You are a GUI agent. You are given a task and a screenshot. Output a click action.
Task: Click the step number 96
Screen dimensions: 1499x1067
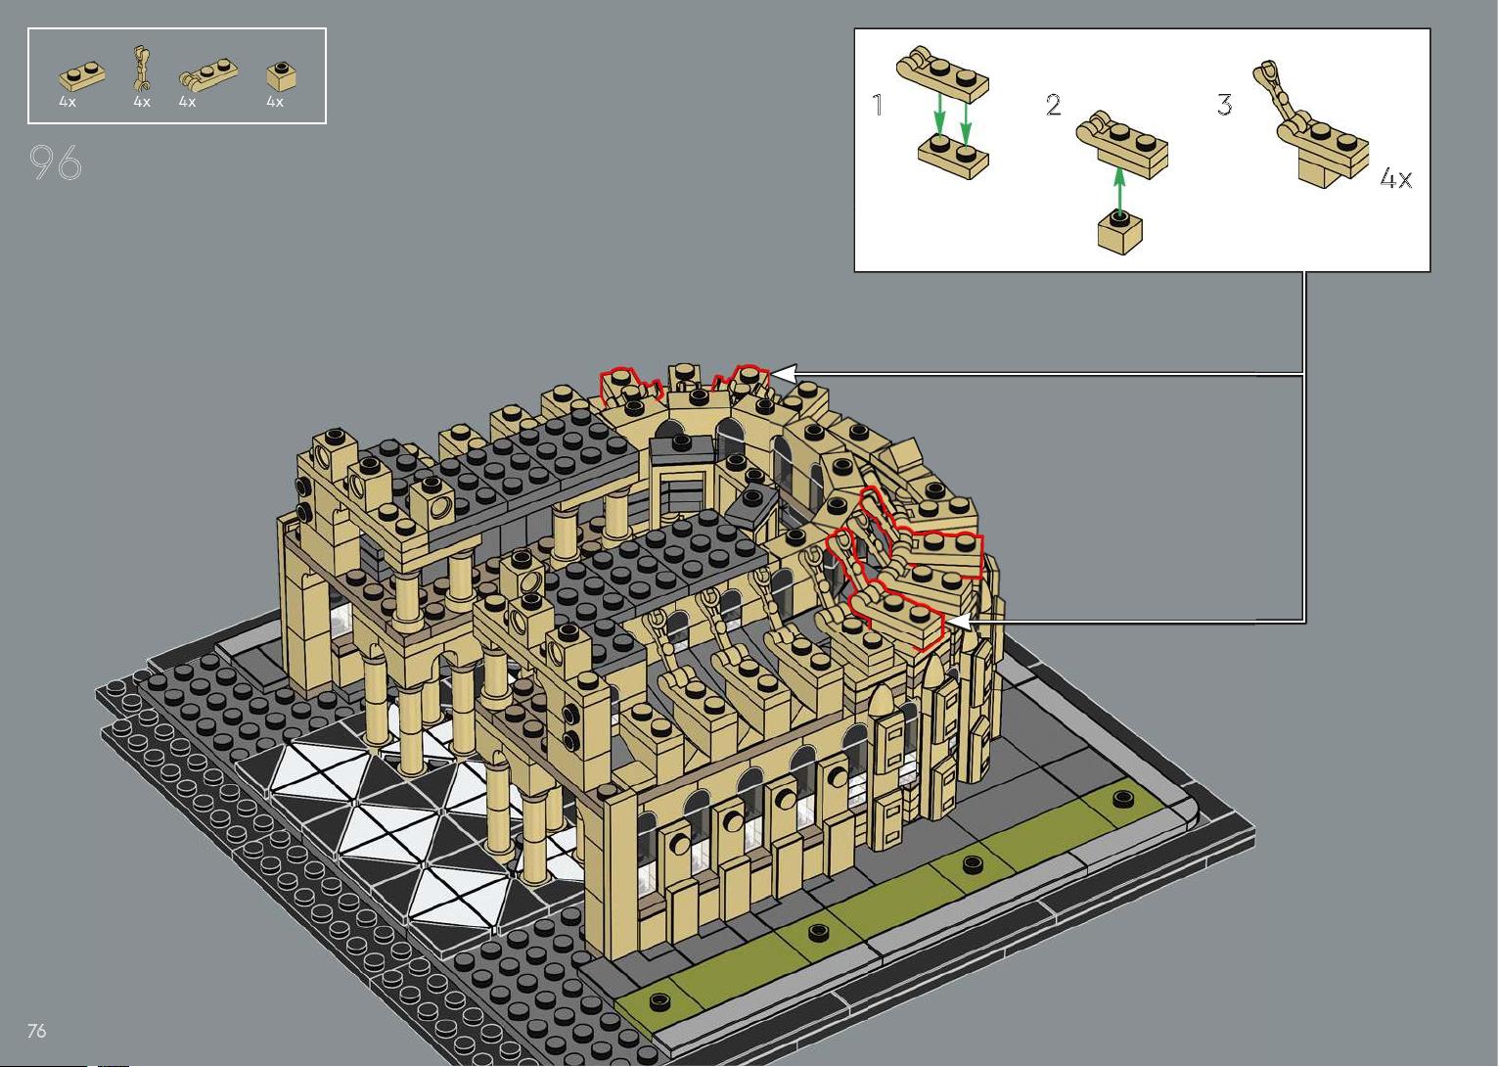click(56, 162)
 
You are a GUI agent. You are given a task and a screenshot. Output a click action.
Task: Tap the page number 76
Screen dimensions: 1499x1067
click(37, 1030)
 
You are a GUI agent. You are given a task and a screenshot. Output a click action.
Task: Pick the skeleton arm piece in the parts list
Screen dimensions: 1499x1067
click(141, 69)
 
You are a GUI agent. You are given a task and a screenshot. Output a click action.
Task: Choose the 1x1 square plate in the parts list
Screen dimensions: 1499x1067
click(282, 75)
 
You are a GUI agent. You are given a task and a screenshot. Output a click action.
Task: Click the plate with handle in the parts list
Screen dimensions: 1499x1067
click(208, 73)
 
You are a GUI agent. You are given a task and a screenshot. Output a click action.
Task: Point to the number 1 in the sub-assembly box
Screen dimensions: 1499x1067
click(878, 105)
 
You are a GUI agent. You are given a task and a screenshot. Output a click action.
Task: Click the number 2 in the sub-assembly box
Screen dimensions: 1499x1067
click(1054, 105)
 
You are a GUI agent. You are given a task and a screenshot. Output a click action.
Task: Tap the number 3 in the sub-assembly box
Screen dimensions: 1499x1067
click(1224, 105)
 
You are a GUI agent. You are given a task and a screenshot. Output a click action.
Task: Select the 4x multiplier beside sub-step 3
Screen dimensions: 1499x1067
click(1396, 179)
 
